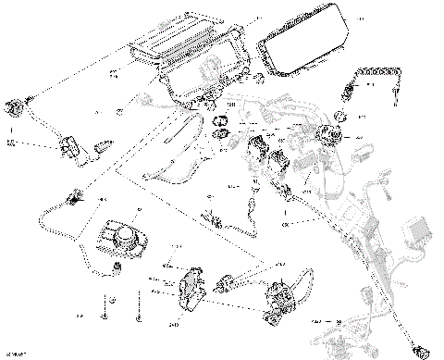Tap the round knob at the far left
14,105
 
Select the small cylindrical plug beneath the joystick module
118,267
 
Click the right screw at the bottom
140,312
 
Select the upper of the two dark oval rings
222,121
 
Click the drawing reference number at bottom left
15,354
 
